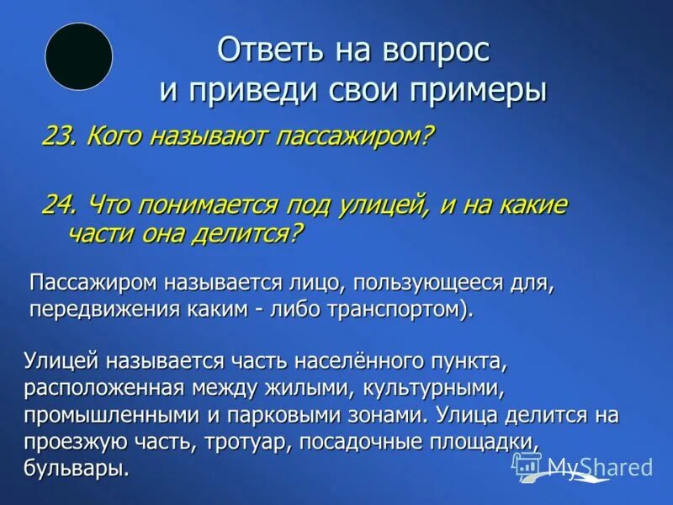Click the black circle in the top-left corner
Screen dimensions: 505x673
coord(78,56)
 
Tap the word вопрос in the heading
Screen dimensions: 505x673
coord(434,50)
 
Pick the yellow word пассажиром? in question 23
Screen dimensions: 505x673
coord(355,136)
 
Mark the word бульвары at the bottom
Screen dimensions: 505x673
coord(77,469)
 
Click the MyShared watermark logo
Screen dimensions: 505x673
coord(583,468)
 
